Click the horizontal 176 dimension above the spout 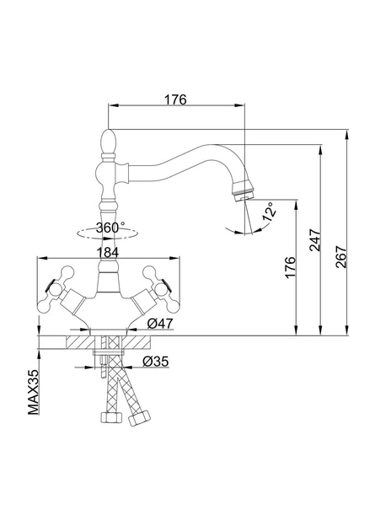(x=175, y=99)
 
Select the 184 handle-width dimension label (x=108, y=252)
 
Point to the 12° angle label (x=270, y=212)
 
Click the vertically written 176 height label (x=291, y=267)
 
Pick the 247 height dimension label (x=315, y=239)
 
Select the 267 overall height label (x=341, y=257)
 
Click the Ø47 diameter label (x=160, y=324)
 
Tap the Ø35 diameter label (x=155, y=362)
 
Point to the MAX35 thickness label (x=34, y=392)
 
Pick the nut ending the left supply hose (x=111, y=417)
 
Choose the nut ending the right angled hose (x=139, y=418)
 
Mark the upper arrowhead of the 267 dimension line (x=346, y=135)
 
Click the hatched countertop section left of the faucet (x=81, y=342)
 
